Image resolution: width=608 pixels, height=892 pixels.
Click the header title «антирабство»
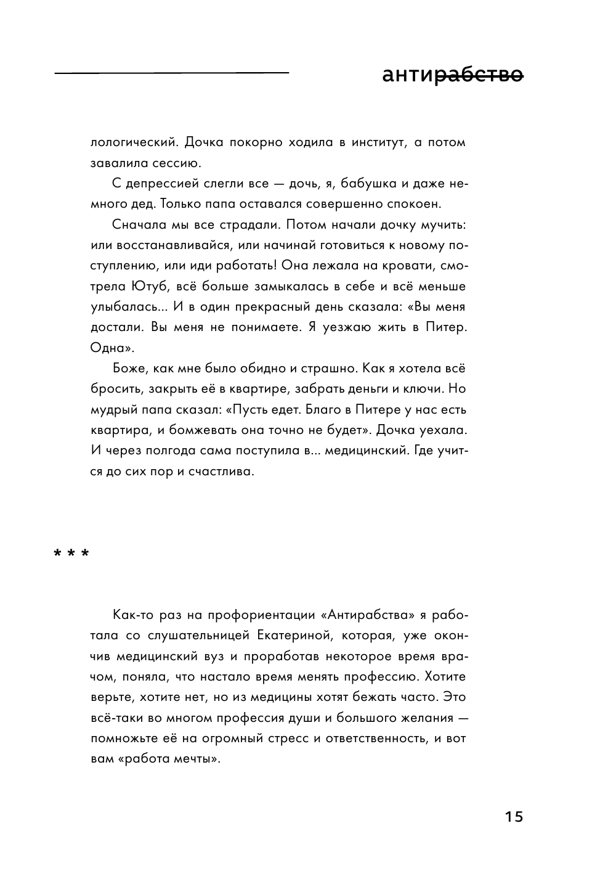[452, 76]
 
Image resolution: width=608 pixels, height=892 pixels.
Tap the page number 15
[513, 817]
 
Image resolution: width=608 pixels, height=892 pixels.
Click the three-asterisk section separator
[71, 553]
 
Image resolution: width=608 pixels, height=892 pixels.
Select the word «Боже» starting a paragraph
[129, 369]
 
